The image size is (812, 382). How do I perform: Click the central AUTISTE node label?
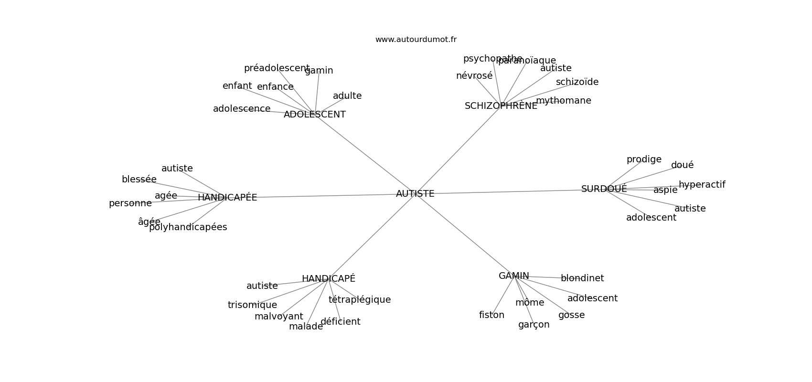coord(415,194)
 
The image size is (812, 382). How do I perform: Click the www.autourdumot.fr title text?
coord(416,40)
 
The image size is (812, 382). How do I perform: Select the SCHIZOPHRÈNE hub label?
coord(501,106)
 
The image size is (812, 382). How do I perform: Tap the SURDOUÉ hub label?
coord(604,189)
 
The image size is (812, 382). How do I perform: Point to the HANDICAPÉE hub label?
coord(227,198)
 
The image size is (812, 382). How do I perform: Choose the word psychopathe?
coord(492,59)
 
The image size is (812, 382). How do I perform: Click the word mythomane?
coord(563,101)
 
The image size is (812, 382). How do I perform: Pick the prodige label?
coord(644,159)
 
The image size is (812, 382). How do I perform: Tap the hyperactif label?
coord(702,185)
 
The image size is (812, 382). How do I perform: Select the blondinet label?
coord(582,278)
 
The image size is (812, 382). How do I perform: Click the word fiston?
coord(491,315)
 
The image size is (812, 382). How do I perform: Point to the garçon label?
coord(534,325)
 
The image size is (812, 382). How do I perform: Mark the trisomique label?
coord(252,305)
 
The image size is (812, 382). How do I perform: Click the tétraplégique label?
coord(359,300)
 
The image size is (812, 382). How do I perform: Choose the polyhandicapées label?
coord(188,227)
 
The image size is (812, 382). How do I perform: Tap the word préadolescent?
coord(277,68)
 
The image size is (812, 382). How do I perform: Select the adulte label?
coord(347,96)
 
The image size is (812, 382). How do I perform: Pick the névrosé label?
coord(474,76)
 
